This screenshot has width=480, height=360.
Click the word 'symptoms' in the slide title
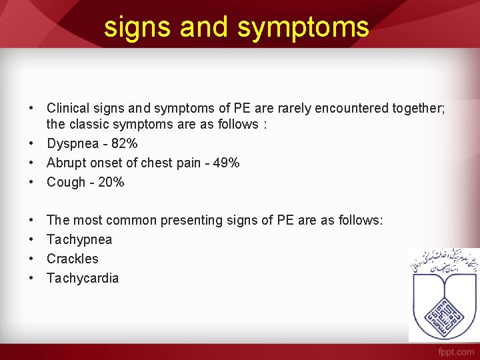coord(303,27)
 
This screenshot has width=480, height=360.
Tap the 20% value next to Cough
coord(111,182)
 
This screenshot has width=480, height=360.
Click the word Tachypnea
coord(79,239)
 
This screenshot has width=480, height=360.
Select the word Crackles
coord(72,259)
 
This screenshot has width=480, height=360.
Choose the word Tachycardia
coord(83,278)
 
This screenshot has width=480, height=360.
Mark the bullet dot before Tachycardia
coord(31,278)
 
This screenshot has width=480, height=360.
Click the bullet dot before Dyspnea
coord(31,143)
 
